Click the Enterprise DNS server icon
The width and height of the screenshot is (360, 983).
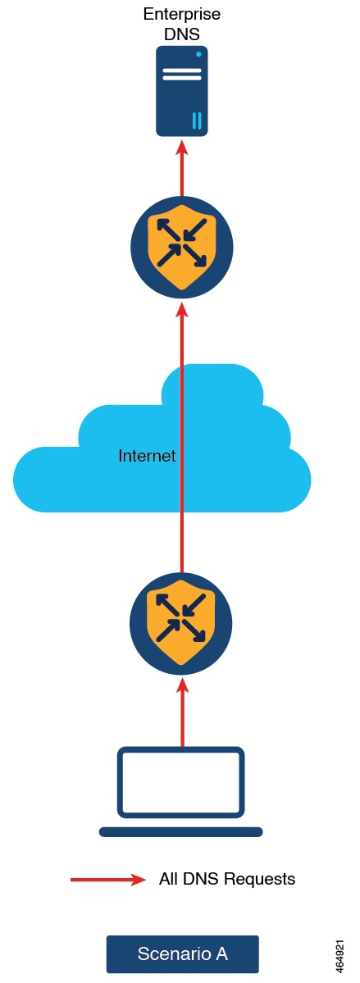pyautogui.click(x=182, y=90)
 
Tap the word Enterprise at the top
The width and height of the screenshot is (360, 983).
pyautogui.click(x=182, y=14)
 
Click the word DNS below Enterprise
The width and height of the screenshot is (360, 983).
pyautogui.click(x=182, y=34)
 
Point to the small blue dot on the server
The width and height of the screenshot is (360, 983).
pyautogui.click(x=198, y=55)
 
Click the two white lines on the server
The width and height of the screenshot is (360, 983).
pyautogui.click(x=182, y=73)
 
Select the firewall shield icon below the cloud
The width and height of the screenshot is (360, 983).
pyautogui.click(x=181, y=622)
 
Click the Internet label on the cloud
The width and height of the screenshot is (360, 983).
pyautogui.click(x=147, y=456)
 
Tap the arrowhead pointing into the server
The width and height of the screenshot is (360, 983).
pyautogui.click(x=182, y=148)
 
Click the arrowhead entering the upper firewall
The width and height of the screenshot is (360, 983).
pyautogui.click(x=182, y=311)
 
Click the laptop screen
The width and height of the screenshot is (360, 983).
pyautogui.click(x=180, y=782)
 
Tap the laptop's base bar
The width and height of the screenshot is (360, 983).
pyautogui.click(x=180, y=832)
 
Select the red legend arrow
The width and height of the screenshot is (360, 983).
pyautogui.click(x=108, y=880)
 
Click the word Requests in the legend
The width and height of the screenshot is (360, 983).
pyautogui.click(x=259, y=880)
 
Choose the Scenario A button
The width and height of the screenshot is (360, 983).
pyautogui.click(x=183, y=953)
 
